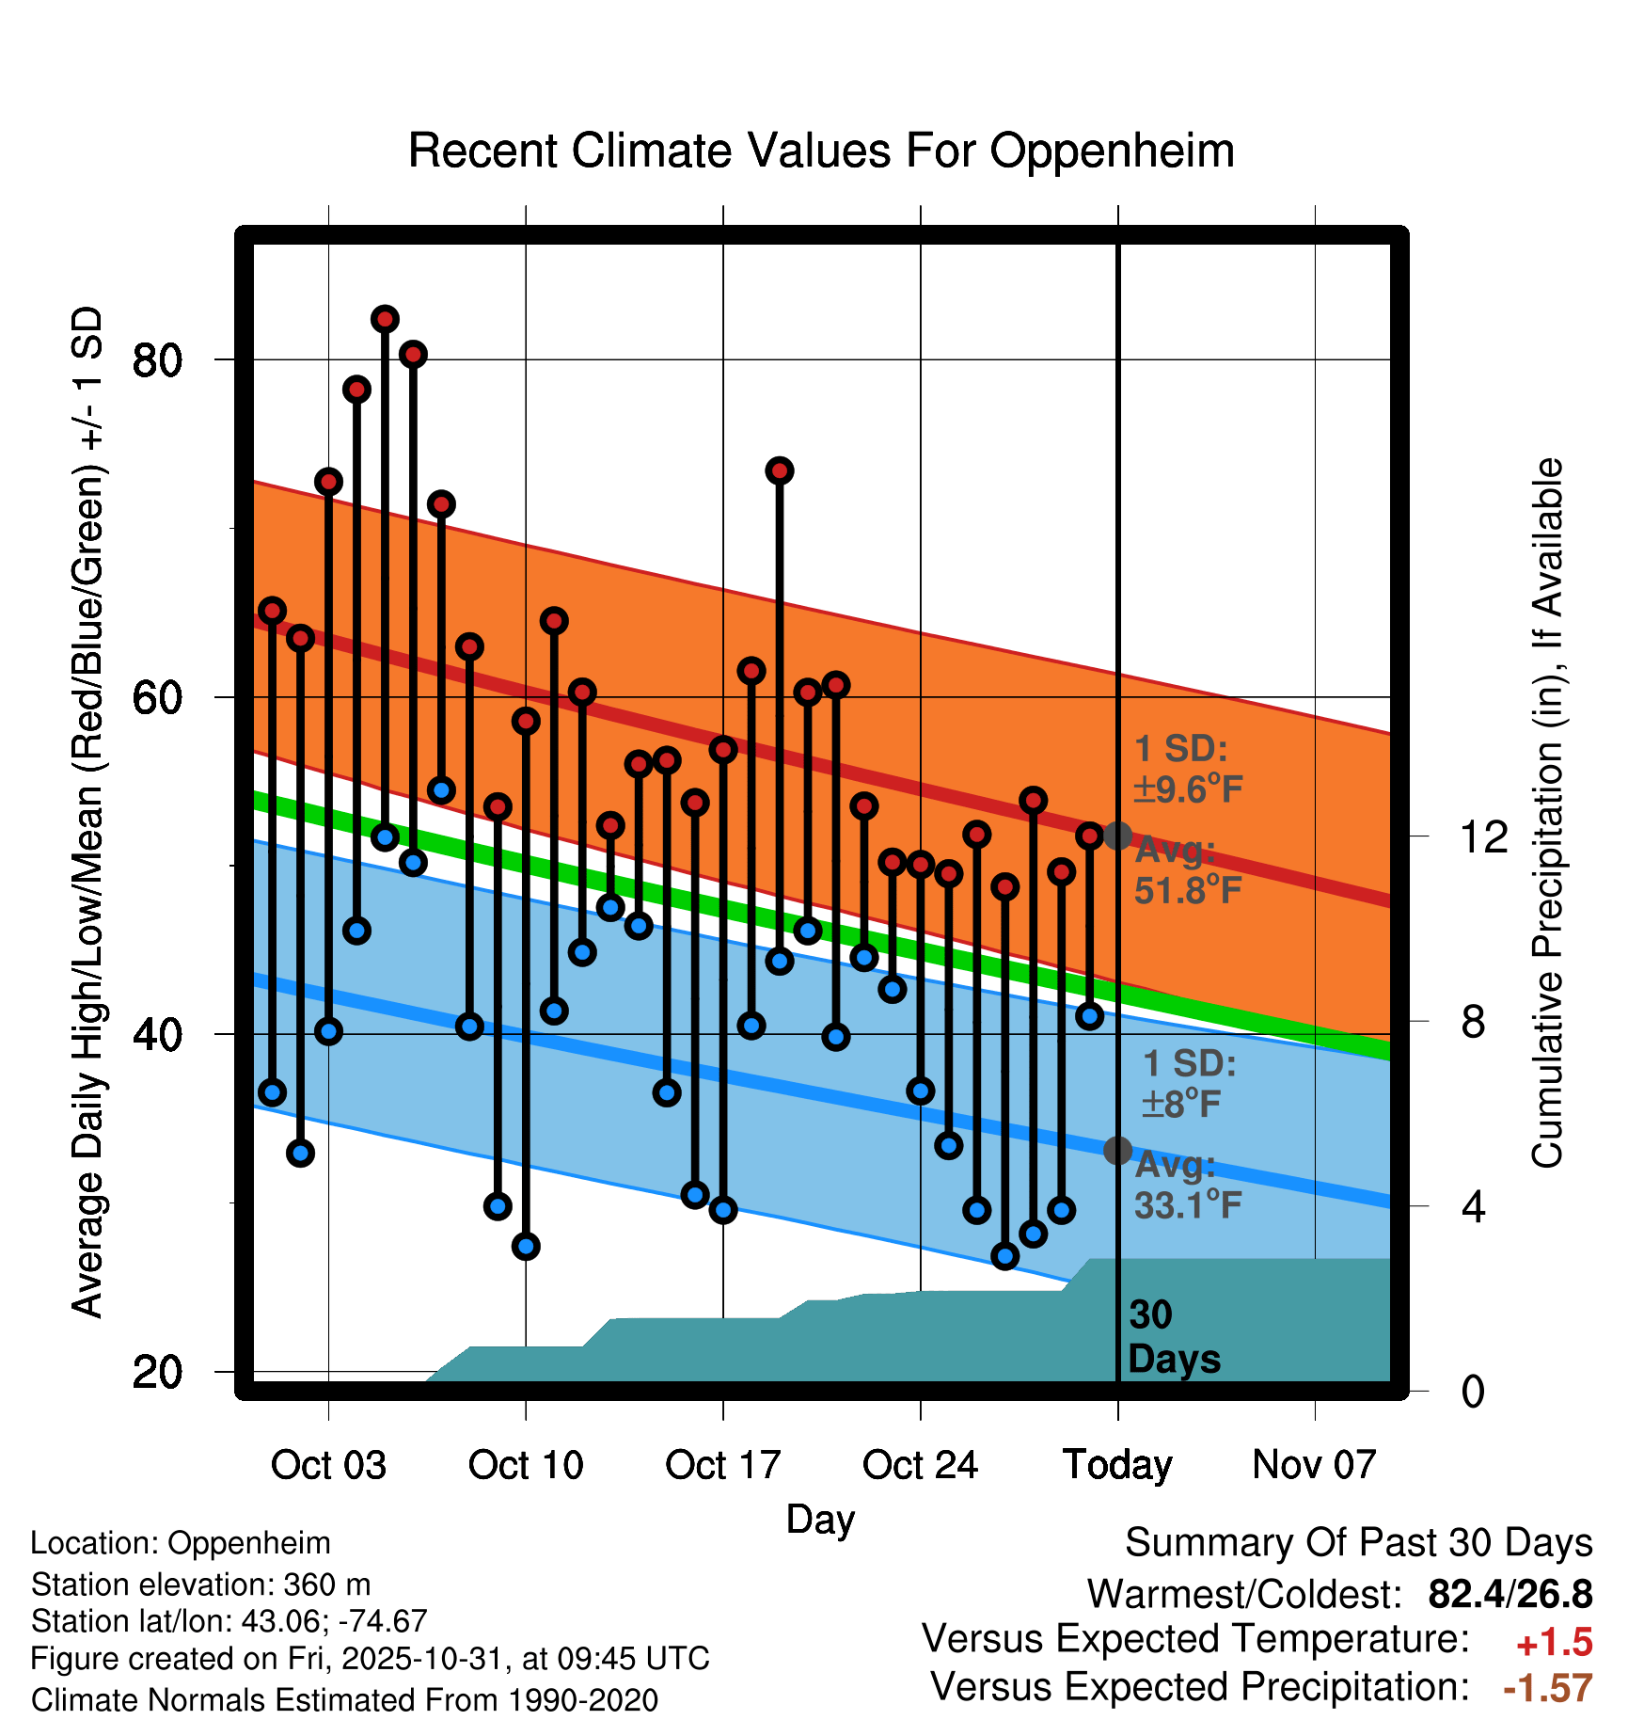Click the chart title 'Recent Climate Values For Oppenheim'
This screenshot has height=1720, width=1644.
(821, 151)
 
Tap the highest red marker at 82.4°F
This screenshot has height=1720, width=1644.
(385, 319)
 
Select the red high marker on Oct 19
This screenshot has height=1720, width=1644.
(779, 470)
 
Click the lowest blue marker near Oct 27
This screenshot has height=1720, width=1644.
(1004, 1256)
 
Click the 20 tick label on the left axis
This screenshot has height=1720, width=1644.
(157, 1372)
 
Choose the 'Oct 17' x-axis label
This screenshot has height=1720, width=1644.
(722, 1465)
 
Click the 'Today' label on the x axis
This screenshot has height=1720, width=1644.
(1117, 1465)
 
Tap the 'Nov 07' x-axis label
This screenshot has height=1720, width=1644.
(1314, 1465)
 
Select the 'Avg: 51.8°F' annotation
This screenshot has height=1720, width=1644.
(1188, 870)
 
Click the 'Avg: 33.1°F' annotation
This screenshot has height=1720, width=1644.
(1188, 1185)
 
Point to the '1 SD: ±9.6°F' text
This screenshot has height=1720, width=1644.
(1188, 769)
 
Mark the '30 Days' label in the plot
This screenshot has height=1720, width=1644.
(1173, 1337)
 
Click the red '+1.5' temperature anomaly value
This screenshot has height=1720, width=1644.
(1554, 1643)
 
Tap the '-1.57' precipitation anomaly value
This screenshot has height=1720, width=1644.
(1548, 1688)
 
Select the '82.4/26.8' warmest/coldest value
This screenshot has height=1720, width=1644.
(1510, 1594)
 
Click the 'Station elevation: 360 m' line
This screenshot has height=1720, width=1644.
(200, 1585)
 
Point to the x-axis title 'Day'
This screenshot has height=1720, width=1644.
(820, 1519)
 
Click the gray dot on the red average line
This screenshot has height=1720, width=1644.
(1117, 836)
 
